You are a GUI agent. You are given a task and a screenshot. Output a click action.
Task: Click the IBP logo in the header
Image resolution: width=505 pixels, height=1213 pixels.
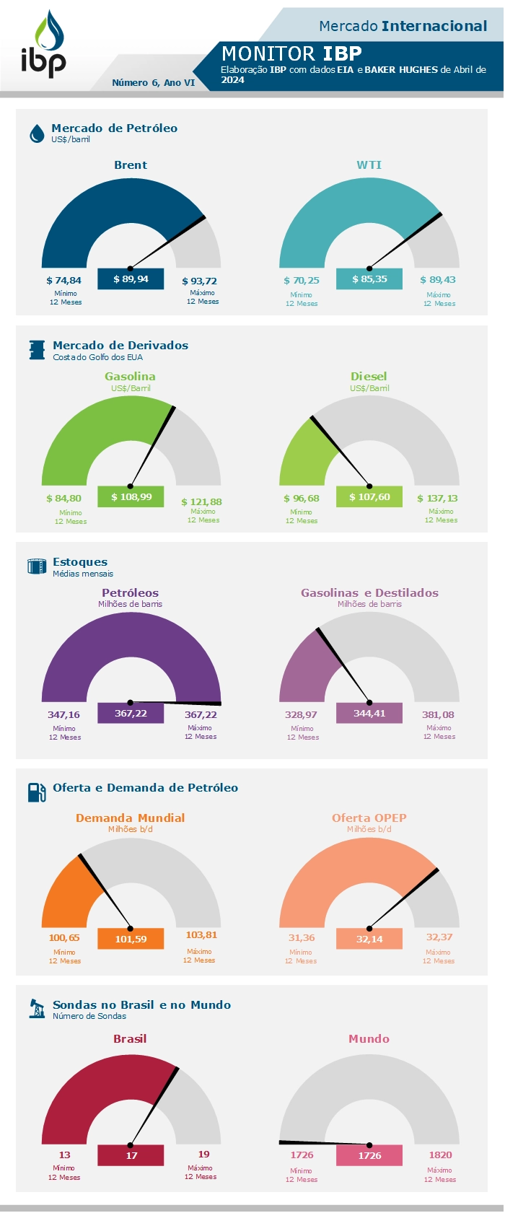coord(43,45)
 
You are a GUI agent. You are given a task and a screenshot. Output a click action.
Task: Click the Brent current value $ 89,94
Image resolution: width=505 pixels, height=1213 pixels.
coord(131,279)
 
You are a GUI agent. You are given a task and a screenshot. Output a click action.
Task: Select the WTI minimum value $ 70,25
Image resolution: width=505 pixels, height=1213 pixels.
coord(302,280)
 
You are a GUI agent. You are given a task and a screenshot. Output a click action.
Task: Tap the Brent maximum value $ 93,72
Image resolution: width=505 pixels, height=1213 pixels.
coord(199,281)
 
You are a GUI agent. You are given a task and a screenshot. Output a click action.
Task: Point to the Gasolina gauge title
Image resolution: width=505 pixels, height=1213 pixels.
coord(130,377)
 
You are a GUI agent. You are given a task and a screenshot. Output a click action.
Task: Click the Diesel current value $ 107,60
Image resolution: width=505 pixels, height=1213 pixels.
coord(369,497)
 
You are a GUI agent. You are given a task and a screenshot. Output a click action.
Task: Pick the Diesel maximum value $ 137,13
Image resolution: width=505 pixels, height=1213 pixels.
coord(437,499)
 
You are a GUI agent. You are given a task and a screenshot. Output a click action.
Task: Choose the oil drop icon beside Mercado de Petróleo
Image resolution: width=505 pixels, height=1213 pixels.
coord(37,133)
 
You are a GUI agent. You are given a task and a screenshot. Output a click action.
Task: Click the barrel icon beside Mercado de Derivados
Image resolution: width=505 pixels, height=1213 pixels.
coord(37,350)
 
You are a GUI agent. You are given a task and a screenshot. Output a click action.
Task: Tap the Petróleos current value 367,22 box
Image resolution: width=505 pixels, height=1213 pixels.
coord(131,713)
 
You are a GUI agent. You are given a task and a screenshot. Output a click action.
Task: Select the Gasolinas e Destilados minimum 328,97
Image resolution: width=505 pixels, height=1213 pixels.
coord(301,715)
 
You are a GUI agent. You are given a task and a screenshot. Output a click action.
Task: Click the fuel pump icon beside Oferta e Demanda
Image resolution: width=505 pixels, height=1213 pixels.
coord(37,792)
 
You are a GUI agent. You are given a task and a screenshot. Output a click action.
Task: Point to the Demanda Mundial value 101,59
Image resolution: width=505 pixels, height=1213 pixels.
coord(131,939)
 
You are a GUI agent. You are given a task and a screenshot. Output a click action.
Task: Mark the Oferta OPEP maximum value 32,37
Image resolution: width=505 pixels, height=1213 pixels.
coord(439,937)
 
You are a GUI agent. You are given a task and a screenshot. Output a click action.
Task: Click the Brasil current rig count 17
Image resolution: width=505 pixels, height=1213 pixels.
coord(131,1155)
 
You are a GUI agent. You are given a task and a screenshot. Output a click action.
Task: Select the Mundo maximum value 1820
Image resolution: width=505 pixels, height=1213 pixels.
coord(440,1155)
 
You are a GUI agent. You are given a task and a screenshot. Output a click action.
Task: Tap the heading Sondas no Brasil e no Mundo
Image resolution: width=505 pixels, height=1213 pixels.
coord(141,1005)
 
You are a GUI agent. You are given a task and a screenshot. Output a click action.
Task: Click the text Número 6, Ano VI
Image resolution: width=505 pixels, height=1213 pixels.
coord(153,83)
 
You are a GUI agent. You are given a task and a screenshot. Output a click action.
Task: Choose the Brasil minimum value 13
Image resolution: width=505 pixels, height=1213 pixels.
coord(65,1155)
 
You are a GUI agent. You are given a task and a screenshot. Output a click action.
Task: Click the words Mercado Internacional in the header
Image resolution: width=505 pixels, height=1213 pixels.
coord(403,27)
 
